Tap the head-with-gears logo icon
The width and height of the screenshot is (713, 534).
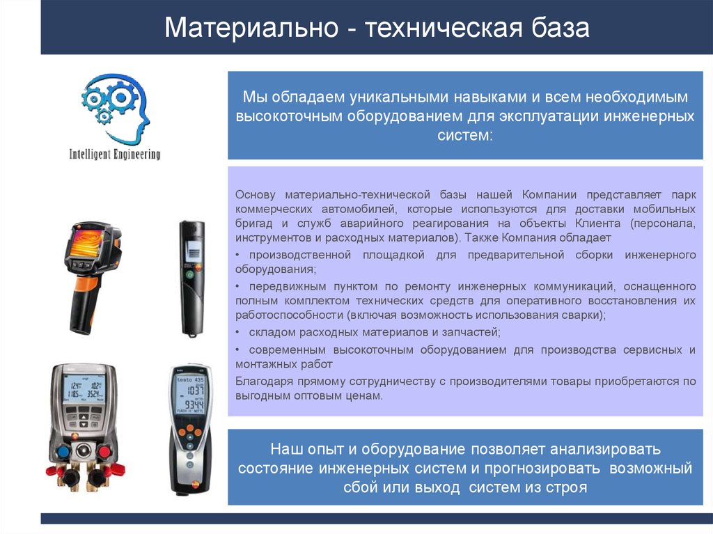115,107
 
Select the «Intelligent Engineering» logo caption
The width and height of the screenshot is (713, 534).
115,154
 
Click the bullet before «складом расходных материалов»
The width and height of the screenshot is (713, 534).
237,333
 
